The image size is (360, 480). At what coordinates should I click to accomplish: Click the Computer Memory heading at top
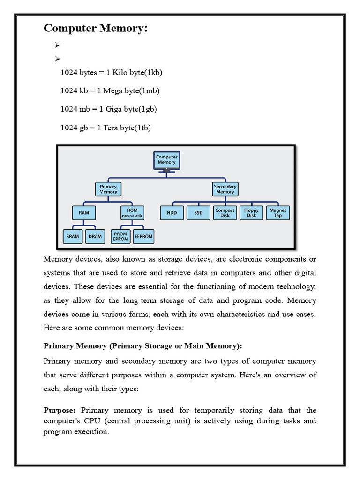click(96, 29)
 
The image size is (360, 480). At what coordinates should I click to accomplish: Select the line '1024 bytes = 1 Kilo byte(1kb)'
click(111, 73)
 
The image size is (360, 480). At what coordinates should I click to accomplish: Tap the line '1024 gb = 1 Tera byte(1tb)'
click(105, 127)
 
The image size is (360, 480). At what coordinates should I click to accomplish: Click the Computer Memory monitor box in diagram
click(166, 160)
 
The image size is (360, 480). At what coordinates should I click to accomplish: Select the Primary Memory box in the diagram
click(108, 189)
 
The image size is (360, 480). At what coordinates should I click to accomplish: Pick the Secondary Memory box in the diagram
click(225, 189)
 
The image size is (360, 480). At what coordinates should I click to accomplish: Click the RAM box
click(84, 213)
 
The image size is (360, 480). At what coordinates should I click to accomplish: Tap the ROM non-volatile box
click(132, 213)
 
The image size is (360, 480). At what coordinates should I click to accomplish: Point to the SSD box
click(198, 213)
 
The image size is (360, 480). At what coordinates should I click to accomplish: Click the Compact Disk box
click(225, 213)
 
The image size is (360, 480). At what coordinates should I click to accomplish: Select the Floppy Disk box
click(251, 213)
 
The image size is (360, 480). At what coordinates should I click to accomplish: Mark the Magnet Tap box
click(278, 213)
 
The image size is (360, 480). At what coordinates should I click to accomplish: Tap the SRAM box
click(73, 236)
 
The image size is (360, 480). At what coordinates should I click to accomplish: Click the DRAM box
click(95, 236)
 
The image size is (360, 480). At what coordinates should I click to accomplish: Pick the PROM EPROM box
click(120, 236)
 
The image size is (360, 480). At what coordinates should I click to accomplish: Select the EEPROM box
click(143, 236)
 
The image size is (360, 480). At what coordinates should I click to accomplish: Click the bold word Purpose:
click(59, 410)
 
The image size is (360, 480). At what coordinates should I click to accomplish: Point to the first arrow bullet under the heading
click(58, 45)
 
